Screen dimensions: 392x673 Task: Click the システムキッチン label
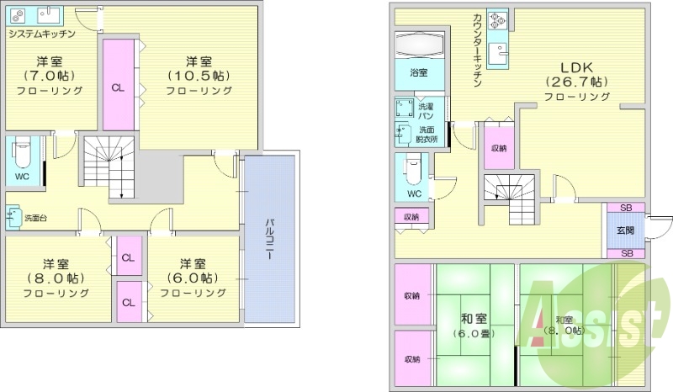(42, 34)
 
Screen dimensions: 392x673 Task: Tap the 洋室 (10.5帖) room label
(199, 76)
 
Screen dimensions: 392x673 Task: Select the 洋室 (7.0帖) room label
(52, 76)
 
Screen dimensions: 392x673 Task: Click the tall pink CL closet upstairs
(118, 86)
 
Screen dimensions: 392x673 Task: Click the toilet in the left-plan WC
(23, 154)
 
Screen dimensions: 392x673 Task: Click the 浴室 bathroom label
(418, 73)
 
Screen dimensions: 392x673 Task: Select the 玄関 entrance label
(625, 230)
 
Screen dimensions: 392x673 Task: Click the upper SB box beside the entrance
(626, 208)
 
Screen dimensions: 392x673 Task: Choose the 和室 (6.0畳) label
(474, 325)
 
